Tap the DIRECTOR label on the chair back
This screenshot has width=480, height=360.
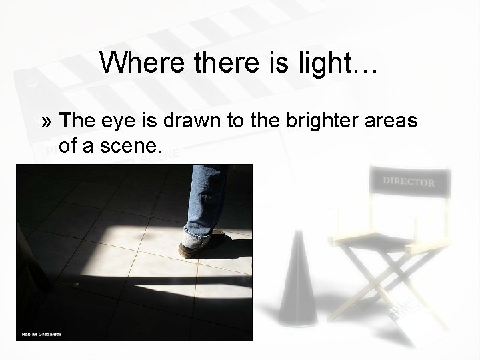[408, 181]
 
